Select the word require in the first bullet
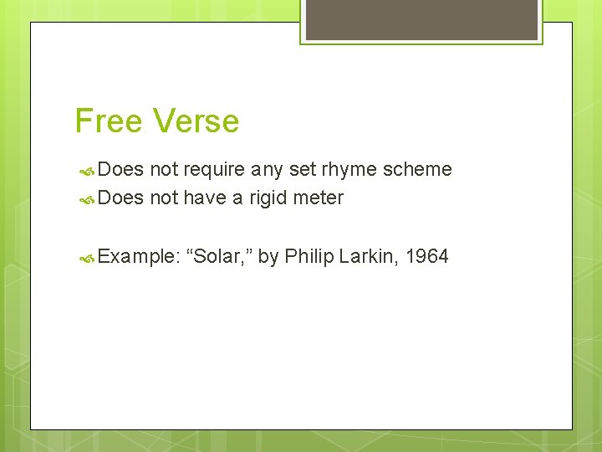[214, 170]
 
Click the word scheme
[417, 170]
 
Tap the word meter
[319, 198]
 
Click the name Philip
[309, 256]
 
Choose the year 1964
[427, 256]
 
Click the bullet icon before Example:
[86, 257]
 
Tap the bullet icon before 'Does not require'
[86, 171]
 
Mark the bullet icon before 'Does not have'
[86, 199]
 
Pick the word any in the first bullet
[268, 171]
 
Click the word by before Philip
[268, 256]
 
